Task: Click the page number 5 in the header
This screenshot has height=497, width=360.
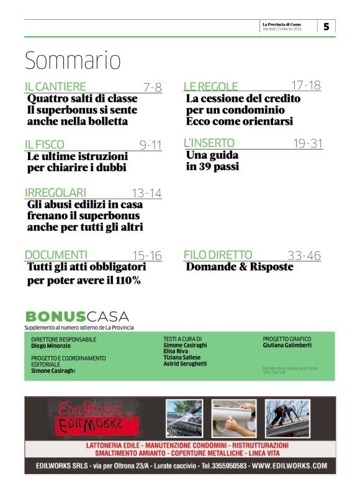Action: click(326, 27)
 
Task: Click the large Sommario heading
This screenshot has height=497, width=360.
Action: click(72, 61)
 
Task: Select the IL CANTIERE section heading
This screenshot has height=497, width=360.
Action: click(55, 87)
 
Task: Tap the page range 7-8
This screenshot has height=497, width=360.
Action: click(152, 87)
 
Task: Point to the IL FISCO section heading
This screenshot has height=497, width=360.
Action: click(44, 145)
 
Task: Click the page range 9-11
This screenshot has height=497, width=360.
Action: click(150, 145)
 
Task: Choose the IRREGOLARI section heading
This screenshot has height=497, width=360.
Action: click(55, 192)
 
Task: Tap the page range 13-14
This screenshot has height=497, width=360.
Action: click(146, 193)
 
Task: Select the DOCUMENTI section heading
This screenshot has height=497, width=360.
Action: click(56, 254)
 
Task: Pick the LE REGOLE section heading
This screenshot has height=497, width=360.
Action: click(211, 87)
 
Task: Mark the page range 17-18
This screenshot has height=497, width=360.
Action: click(306, 86)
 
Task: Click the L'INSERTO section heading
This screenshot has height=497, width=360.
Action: click(209, 143)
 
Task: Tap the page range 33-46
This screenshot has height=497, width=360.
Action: click(304, 254)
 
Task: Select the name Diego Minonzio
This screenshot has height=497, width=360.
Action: click(52, 346)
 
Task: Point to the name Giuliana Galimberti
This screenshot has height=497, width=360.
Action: click(287, 345)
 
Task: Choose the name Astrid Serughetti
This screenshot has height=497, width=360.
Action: click(185, 364)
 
